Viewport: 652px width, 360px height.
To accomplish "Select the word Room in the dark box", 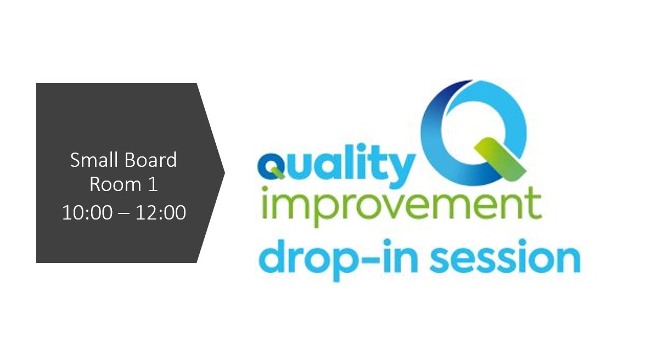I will (x=111, y=185).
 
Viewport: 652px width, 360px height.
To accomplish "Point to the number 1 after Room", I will (x=153, y=185).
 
